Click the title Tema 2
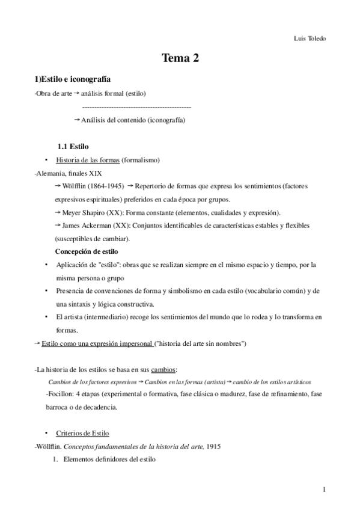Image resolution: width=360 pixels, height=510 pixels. pos(180,58)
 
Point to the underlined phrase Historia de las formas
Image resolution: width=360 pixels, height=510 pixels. pos(87,160)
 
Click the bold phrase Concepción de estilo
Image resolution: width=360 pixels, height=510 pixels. pos(87,251)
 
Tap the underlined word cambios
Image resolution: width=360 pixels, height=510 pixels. pos(164,369)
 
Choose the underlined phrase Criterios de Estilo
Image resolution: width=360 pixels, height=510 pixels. pos(82,434)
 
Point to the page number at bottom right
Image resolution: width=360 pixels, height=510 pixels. pos(324,490)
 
